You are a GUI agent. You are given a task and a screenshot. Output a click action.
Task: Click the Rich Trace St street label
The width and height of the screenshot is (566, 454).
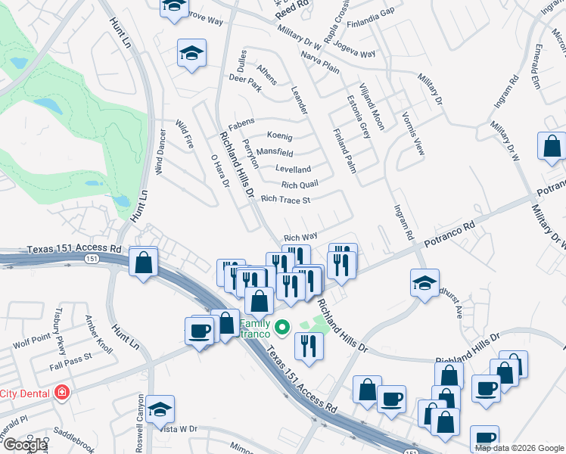285,200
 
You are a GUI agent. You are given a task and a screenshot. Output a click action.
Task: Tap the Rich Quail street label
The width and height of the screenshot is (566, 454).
299,185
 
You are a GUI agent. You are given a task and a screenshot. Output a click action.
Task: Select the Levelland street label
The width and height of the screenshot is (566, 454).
293,169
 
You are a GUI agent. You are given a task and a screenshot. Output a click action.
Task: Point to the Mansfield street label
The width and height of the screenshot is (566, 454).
275,152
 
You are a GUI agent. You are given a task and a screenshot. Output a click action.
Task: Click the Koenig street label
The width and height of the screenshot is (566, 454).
279,136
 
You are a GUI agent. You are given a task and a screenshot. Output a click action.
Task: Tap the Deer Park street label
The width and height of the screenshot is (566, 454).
244,78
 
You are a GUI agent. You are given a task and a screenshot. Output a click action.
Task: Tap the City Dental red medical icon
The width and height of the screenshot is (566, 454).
61,393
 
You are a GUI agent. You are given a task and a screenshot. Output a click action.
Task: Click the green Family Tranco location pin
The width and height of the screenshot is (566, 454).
282,328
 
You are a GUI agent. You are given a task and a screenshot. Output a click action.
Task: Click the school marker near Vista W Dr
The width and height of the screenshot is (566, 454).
160,409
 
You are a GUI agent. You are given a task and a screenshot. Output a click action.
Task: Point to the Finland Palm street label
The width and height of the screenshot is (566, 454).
344,150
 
